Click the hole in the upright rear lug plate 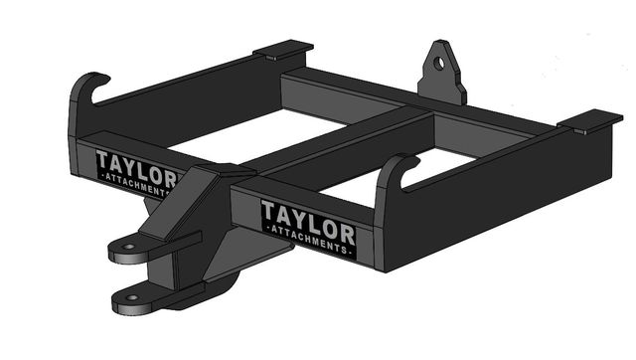click(439, 63)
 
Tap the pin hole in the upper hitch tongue click(128, 247)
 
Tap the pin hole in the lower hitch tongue click(132, 297)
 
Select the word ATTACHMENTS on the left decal click(137, 185)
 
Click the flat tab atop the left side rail click(283, 49)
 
